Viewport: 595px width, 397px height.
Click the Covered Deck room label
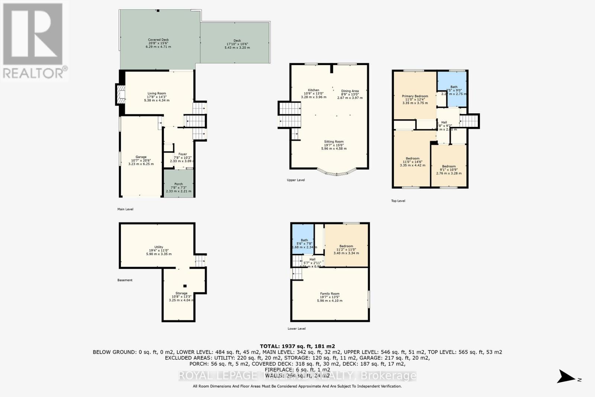tap(158, 43)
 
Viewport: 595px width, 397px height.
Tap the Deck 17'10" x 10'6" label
tap(237, 44)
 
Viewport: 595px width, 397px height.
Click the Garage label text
tap(141, 160)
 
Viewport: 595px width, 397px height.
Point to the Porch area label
tap(178, 187)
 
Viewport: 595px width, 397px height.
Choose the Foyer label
tap(182, 157)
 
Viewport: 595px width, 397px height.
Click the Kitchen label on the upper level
tap(313, 93)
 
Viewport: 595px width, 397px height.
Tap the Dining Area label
tap(350, 94)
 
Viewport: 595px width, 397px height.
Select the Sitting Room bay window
tap(336, 172)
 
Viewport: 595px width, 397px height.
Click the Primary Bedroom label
tap(415, 99)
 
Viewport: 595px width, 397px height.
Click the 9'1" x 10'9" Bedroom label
tap(449, 170)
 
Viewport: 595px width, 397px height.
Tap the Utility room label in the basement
tap(159, 250)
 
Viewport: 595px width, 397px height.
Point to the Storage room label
tap(181, 297)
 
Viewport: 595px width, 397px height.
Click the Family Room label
tap(329, 297)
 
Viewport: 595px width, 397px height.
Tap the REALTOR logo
tap(33, 41)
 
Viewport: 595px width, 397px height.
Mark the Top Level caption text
tap(398, 201)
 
